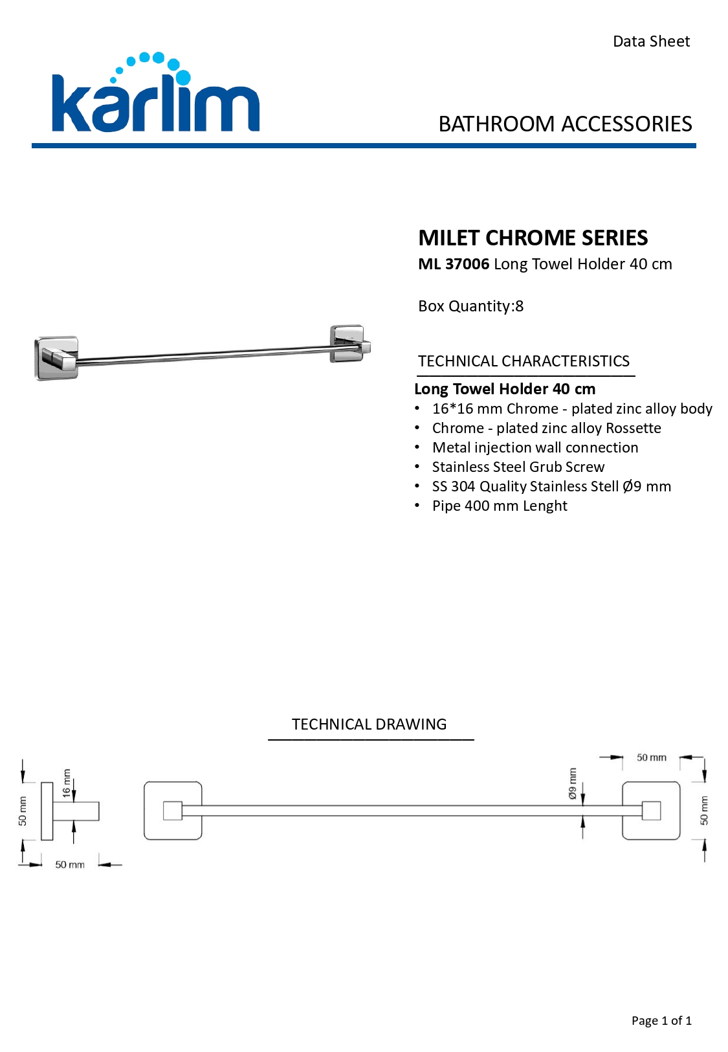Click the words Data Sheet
pos(651,41)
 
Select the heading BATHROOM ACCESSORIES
pos(565,124)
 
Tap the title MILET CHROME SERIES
pos(533,238)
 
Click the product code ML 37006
pos(454,264)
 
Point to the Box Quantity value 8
pos(520,306)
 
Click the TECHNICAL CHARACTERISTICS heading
pos(524,361)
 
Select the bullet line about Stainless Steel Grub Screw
pos(518,467)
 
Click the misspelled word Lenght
pos(545,506)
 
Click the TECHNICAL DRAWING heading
pos(369,724)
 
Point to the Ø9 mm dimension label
pos(573,783)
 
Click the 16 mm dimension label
pos(67,783)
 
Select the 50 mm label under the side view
pos(70,865)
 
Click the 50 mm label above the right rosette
pos(651,757)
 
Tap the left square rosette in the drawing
pos(173,811)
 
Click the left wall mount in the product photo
pos(56,357)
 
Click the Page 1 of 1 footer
pos(661,1021)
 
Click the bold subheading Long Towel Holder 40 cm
pos(505,389)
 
